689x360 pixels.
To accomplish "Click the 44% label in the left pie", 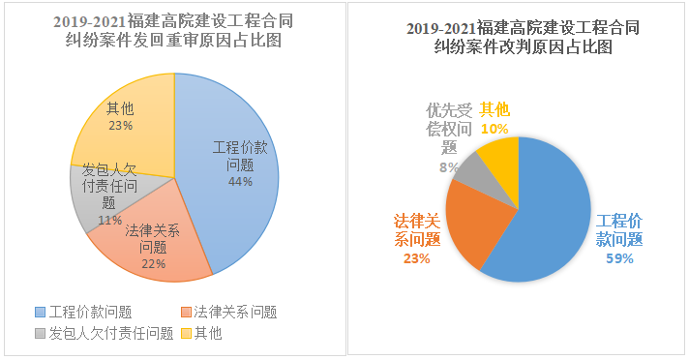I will (240, 181).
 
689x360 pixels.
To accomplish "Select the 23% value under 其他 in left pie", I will (121, 125).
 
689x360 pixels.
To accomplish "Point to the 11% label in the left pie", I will (109, 220).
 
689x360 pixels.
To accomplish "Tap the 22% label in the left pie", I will (153, 262).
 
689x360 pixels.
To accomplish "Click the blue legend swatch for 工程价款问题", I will (40, 312).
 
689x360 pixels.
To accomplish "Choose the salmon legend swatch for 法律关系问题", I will (185, 312).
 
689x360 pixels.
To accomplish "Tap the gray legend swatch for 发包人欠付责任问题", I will (40, 334).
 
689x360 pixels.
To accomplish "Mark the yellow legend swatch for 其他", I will (185, 334).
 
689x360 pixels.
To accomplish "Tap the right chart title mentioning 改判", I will (523, 37).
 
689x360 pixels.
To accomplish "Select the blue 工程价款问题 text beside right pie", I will (619, 229).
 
